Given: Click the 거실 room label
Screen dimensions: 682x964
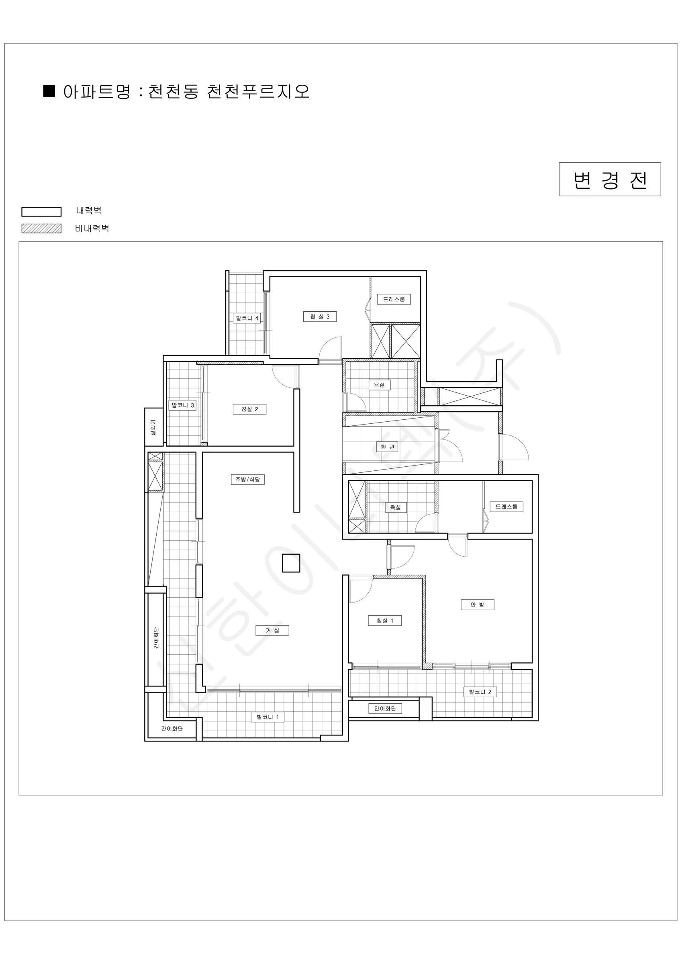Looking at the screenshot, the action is click(272, 630).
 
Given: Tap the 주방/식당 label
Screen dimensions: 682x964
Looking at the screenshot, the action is click(248, 480).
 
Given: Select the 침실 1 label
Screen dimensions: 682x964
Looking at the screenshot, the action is click(385, 621).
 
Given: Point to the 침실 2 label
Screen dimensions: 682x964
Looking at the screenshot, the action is click(249, 409).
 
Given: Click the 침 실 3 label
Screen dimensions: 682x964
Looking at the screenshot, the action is click(320, 317).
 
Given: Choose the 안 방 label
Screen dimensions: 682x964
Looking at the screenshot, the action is click(478, 605).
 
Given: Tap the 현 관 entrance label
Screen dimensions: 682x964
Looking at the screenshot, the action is click(387, 447).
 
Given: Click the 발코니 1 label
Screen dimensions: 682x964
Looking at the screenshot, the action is click(267, 717).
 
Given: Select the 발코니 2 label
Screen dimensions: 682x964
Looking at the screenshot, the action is click(480, 692).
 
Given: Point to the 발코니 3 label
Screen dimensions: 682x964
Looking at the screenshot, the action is click(183, 405).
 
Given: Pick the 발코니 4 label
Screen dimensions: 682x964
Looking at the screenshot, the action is click(247, 318).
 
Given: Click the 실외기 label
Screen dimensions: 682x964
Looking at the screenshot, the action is click(153, 427).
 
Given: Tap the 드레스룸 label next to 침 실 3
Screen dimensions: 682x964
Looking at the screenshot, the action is click(394, 299).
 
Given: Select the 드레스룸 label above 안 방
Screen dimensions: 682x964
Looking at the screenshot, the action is click(506, 507).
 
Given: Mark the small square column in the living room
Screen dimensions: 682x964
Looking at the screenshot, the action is click(291, 563).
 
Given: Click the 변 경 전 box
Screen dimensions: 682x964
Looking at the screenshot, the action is click(610, 179).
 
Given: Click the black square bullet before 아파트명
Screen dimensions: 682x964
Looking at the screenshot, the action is click(49, 91).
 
